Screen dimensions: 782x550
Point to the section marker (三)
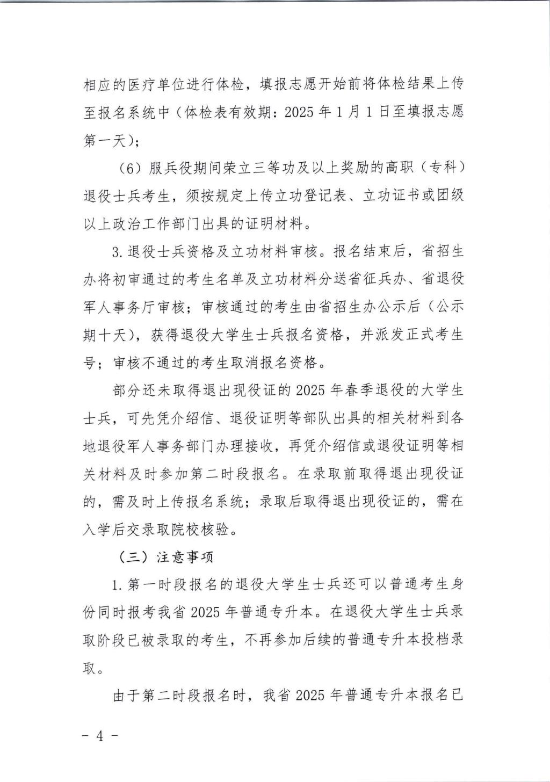point(133,557)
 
